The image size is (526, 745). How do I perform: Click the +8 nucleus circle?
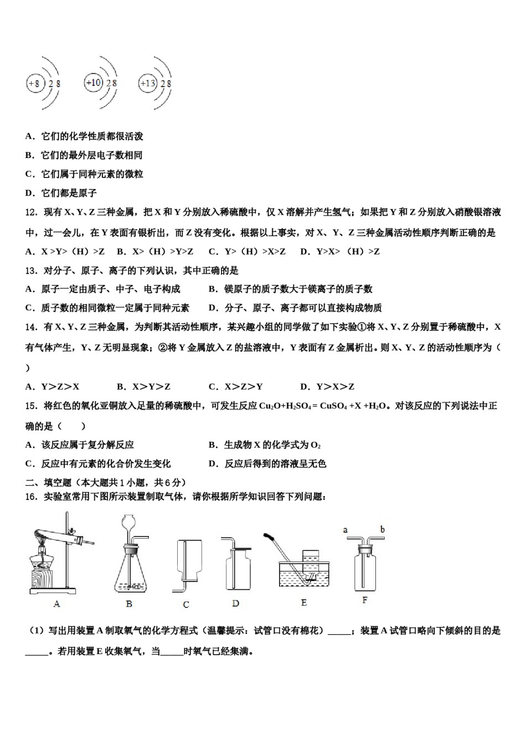pos(34,84)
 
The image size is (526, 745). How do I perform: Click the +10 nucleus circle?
pos(93,83)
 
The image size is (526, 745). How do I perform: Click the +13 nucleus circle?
pos(148,84)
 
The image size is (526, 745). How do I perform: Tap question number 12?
pos(31,212)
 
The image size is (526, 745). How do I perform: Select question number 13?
pos(31,271)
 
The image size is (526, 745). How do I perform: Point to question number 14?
pos(31,327)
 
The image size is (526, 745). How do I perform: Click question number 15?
pos(31,406)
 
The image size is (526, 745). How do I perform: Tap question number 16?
pos(31,497)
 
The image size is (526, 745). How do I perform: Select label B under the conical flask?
pos(129,604)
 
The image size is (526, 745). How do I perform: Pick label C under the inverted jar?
pos(186,604)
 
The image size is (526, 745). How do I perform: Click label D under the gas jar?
pos(235,603)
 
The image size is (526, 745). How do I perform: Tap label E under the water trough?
pos(303,603)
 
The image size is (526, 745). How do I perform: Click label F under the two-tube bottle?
pos(364,600)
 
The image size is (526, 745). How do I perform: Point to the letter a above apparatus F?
pos(345,530)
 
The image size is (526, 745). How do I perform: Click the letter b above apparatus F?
pos(383,529)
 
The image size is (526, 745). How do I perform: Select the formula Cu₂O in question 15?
pos(268,406)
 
